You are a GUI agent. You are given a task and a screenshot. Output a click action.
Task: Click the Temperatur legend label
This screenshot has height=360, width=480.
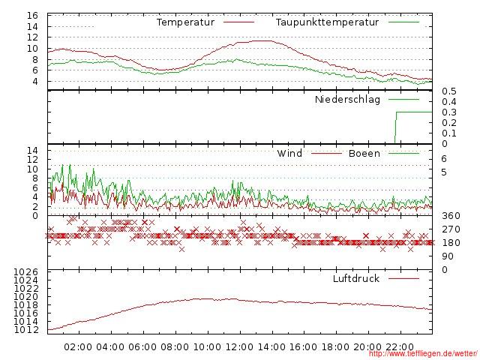(x=185, y=22)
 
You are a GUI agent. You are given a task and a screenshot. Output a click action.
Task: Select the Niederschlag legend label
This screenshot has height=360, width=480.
(x=347, y=99)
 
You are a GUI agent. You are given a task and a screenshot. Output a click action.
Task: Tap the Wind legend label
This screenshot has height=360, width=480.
(x=289, y=154)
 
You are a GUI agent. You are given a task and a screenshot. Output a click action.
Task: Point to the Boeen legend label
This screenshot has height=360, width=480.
(x=364, y=154)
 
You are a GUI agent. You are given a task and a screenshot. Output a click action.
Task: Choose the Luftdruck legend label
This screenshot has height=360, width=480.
(x=355, y=279)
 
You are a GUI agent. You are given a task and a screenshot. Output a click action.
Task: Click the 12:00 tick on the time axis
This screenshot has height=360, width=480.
(x=239, y=347)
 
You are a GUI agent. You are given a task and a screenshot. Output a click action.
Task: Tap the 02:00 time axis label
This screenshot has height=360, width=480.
(x=79, y=347)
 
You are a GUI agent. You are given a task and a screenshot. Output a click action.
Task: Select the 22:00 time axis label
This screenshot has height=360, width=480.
(x=400, y=347)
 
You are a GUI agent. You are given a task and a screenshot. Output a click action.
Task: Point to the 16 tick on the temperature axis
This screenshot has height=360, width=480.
(x=32, y=16)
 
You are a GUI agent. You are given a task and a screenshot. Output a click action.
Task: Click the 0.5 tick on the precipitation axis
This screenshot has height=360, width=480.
(x=448, y=91)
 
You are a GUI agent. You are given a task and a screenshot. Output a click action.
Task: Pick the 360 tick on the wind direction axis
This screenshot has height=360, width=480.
(x=451, y=216)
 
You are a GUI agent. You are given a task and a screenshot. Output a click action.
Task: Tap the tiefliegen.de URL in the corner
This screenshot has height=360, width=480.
(x=423, y=354)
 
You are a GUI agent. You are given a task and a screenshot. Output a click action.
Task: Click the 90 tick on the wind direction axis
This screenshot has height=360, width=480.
(x=448, y=256)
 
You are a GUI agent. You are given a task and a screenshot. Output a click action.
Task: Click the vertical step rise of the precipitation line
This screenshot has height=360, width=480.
(x=395, y=127)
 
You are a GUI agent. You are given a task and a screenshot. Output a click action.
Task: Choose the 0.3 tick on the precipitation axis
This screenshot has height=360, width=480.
(x=448, y=112)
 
